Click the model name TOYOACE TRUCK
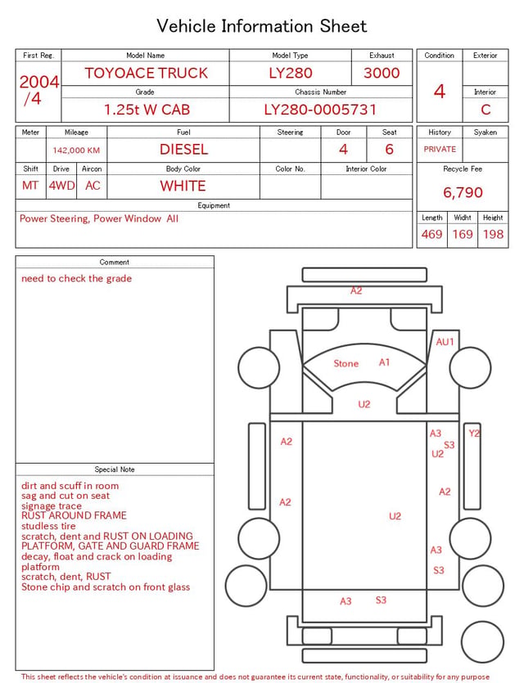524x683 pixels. pyautogui.click(x=146, y=73)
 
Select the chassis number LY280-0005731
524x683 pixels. pyautogui.click(x=320, y=110)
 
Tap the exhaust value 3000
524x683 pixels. pyautogui.click(x=382, y=73)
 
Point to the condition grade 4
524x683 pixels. pyautogui.click(x=440, y=92)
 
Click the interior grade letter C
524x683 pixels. pyautogui.click(x=486, y=110)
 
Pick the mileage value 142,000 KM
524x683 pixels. pyautogui.click(x=76, y=151)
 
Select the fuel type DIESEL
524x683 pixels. pyautogui.click(x=183, y=150)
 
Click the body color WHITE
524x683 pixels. pyautogui.click(x=183, y=186)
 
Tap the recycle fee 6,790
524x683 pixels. pyautogui.click(x=463, y=192)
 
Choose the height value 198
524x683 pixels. pyautogui.click(x=493, y=234)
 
